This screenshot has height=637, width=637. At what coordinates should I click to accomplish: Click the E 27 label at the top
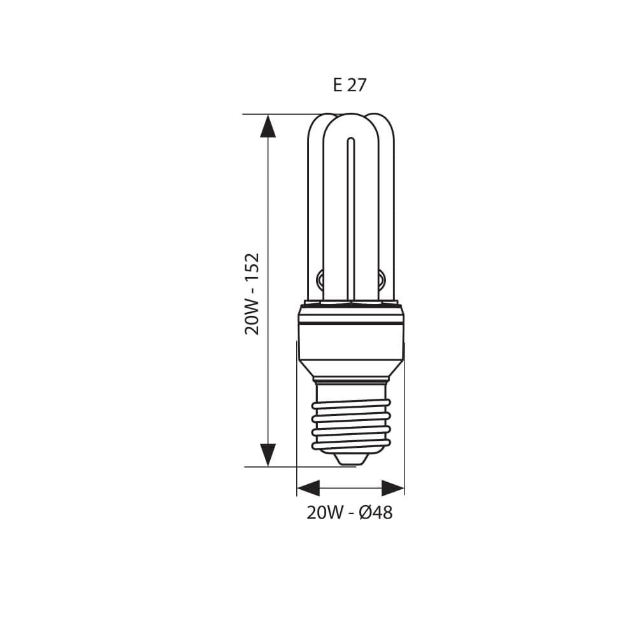(x=350, y=85)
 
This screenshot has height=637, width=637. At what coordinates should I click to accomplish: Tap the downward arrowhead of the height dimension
(x=268, y=454)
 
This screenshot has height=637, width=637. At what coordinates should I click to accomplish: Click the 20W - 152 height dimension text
(x=253, y=294)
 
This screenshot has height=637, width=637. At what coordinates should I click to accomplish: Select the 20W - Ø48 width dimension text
(x=349, y=513)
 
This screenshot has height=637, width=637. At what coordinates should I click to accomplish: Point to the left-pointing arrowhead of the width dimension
(x=308, y=489)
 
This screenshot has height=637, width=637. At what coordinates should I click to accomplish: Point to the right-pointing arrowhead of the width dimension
(x=393, y=489)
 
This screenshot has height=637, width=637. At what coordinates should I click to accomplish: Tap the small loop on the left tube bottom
(x=320, y=278)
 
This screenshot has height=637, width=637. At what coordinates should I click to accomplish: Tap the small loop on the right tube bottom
(x=382, y=278)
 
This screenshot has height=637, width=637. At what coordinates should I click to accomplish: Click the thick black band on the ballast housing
(x=351, y=324)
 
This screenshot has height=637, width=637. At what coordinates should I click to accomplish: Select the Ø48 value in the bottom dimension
(x=376, y=513)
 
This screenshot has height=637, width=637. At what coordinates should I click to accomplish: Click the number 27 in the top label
(x=357, y=85)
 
